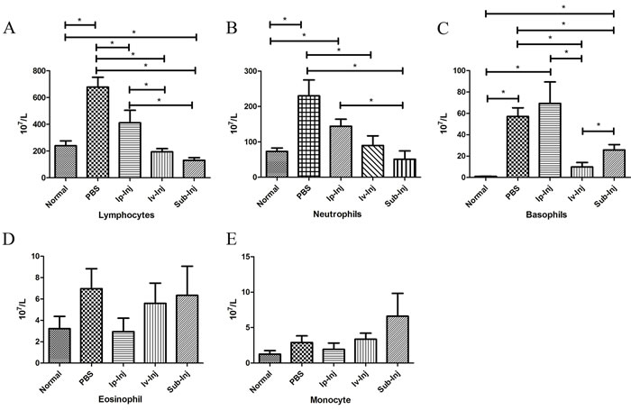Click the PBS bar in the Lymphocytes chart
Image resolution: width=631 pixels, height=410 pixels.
97,132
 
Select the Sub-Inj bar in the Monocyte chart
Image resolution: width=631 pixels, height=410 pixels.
398,339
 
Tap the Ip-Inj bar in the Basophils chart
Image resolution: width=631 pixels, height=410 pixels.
550,140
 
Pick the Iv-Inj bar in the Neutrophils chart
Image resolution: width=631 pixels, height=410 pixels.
372,161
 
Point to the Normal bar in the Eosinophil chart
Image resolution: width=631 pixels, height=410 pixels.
59,346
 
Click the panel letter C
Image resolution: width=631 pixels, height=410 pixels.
443,29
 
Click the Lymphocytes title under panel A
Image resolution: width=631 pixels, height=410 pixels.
126,215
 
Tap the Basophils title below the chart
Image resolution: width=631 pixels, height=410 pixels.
546,214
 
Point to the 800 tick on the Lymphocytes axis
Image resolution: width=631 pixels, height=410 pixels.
41,71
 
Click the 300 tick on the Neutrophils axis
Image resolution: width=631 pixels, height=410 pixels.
251,71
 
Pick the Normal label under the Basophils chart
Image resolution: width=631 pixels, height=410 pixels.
476,196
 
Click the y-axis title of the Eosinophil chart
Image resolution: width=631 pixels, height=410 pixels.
23,309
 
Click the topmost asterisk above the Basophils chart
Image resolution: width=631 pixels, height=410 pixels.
563,7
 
